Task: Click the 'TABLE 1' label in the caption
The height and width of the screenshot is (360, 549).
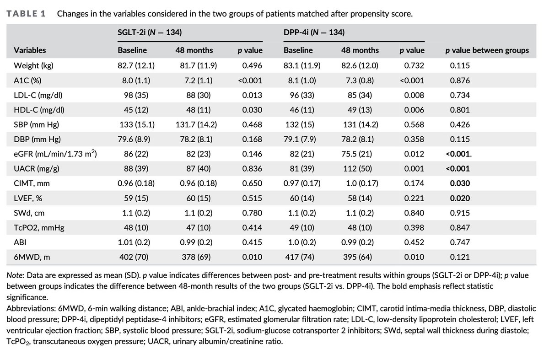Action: (x=26, y=13)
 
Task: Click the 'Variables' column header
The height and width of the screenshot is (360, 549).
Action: (x=30, y=50)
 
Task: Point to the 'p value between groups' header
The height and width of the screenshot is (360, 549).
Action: (x=487, y=50)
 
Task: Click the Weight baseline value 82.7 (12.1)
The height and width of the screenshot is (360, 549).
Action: (x=136, y=65)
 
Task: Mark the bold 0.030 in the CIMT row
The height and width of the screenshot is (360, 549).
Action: (x=460, y=184)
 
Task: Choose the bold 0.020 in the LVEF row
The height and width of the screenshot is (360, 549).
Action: (x=460, y=199)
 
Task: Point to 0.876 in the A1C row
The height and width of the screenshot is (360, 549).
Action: (x=460, y=81)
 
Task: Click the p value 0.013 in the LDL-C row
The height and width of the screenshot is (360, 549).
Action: (x=252, y=95)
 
